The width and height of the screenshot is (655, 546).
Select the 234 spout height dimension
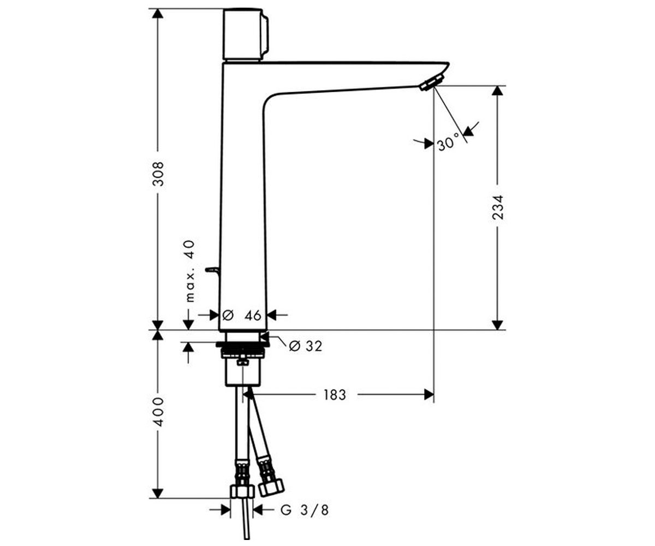click(x=497, y=207)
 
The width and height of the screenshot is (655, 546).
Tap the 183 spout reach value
click(x=335, y=395)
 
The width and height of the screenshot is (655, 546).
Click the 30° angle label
click(x=448, y=143)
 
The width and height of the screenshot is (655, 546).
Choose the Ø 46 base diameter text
click(x=242, y=315)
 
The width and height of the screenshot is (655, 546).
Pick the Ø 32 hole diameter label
click(x=306, y=346)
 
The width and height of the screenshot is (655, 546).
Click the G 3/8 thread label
click(x=304, y=510)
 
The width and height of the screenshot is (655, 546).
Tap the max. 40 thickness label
click(x=190, y=271)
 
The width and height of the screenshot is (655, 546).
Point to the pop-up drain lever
click(x=213, y=270)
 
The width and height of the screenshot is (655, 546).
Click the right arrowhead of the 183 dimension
click(x=429, y=394)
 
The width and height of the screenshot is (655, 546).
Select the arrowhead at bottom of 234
click(x=497, y=325)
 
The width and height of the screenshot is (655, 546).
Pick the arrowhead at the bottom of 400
click(x=158, y=493)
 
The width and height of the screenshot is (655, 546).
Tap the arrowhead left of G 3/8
click(x=225, y=510)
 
